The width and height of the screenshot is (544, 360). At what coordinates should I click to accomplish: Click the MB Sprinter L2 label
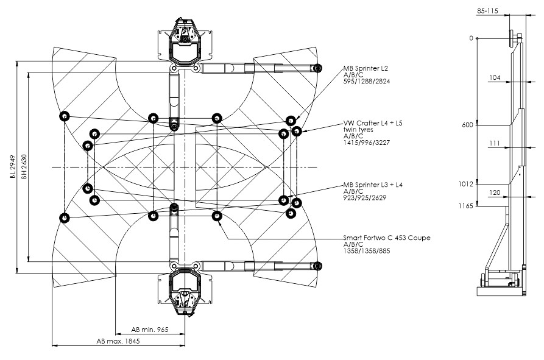[x=366, y=68]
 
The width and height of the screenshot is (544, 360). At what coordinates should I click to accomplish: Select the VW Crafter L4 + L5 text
[x=373, y=123]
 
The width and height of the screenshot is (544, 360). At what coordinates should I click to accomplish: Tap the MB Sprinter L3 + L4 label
[x=373, y=185]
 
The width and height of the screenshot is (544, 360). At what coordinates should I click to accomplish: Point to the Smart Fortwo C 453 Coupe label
[x=387, y=238]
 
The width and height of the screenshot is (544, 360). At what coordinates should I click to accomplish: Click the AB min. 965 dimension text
[x=149, y=330]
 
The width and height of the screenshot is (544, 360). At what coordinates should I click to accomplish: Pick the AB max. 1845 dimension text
[x=118, y=341]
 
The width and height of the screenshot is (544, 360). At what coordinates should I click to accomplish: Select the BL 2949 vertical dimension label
[x=13, y=166]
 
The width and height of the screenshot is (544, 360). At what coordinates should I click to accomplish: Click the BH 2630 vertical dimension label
[x=24, y=166]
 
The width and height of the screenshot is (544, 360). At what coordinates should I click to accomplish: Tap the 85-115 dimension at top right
[x=487, y=11]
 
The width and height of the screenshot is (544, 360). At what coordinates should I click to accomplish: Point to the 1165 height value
[x=465, y=206]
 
